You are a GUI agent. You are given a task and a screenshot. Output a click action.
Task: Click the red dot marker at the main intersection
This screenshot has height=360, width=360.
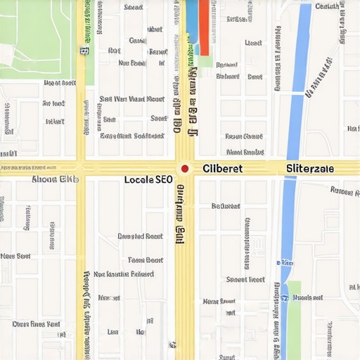click(184, 169)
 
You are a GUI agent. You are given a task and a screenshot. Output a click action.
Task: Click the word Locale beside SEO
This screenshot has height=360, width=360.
click(138, 180)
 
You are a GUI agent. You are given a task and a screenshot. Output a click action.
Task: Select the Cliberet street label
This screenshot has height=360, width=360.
click(223, 169)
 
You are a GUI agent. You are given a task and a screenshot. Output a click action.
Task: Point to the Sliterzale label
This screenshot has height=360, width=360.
click(310, 169)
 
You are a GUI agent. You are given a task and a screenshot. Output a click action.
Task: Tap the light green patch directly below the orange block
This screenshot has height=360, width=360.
click(205, 60)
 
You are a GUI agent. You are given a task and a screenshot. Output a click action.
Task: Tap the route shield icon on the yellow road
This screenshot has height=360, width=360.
click(84, 51)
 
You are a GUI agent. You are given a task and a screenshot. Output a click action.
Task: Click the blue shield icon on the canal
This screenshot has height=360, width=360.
click(285, 298)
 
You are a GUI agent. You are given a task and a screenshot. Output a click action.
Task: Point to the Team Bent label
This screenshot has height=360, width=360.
click(146, 260)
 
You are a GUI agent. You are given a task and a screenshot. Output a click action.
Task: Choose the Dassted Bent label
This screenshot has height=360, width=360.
click(140, 237)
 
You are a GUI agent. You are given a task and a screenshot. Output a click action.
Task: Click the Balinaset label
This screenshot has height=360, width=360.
click(226, 206)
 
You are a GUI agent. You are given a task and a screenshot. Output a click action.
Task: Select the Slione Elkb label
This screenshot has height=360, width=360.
click(56, 179)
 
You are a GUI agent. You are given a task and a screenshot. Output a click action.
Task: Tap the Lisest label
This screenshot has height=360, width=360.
click(253, 43)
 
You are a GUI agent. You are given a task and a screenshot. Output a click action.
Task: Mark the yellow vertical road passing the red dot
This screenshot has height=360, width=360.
click(184, 281)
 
